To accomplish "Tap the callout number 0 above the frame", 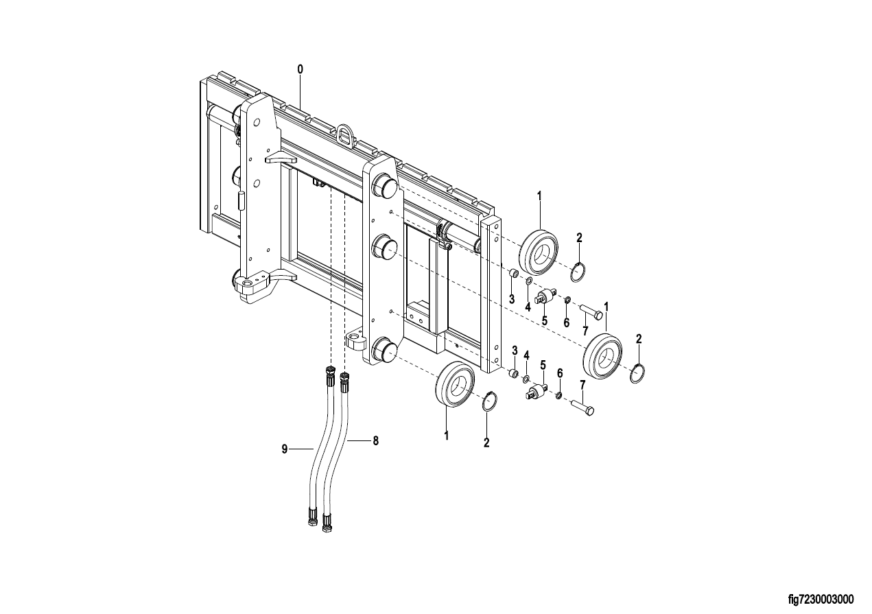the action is (x=300, y=69).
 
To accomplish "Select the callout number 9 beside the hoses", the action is (x=285, y=449).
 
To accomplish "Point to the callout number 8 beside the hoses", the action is (x=376, y=440).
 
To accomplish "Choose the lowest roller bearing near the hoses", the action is (x=455, y=384).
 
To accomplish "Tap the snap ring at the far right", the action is (x=638, y=373).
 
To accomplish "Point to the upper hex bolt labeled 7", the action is (x=591, y=312).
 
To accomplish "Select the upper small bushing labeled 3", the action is (x=514, y=274).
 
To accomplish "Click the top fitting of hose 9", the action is (x=330, y=376).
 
